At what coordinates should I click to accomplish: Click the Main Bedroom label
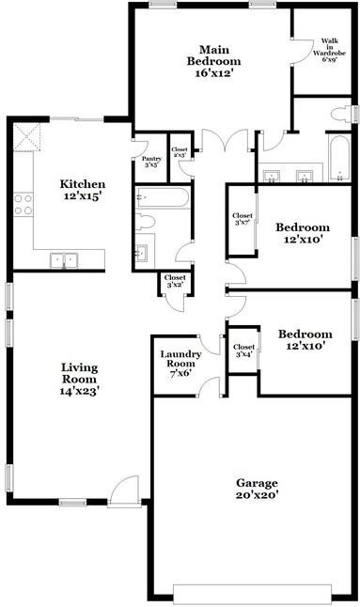215,60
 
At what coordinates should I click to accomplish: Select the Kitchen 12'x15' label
83,190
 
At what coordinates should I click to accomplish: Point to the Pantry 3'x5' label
150,162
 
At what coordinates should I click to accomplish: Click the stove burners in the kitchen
23,203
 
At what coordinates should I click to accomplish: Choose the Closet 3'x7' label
243,220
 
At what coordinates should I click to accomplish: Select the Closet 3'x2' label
175,281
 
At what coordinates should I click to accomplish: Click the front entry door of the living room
123,492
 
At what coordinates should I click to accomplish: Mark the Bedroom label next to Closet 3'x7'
302,233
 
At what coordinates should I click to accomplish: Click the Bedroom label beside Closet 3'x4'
305,340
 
